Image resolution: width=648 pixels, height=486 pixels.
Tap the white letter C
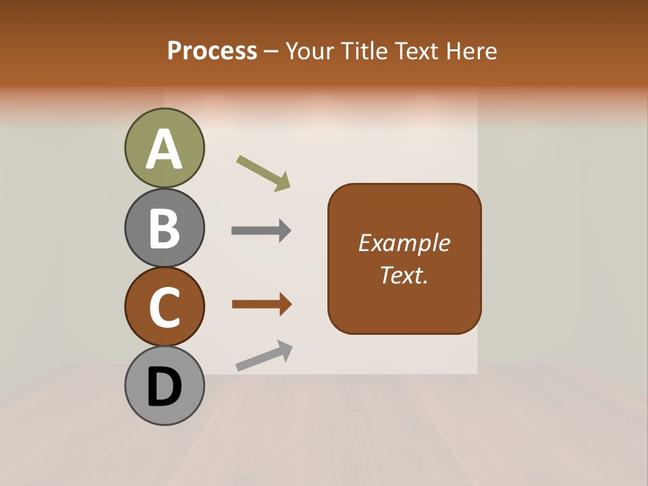pyautogui.click(x=165, y=307)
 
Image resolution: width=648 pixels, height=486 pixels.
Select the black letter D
pyautogui.click(x=165, y=386)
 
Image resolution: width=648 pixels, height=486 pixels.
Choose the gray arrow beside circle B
pyautogui.click(x=261, y=231)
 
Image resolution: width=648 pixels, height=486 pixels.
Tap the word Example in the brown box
pyautogui.click(x=404, y=243)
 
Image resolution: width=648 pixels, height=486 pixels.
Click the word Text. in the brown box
pyautogui.click(x=404, y=275)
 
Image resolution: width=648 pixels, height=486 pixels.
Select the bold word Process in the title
pyautogui.click(x=212, y=51)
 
